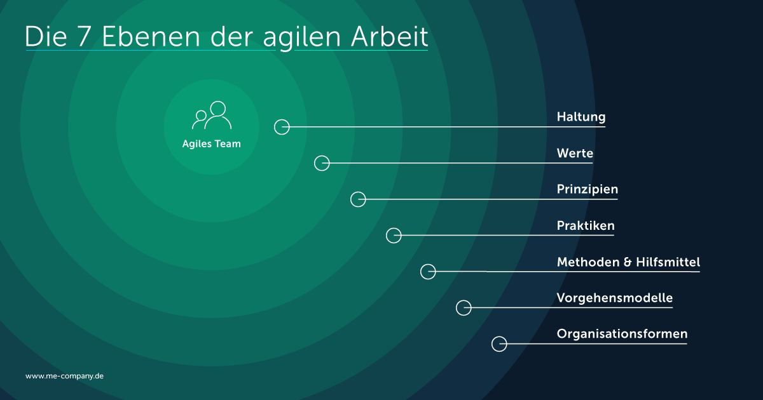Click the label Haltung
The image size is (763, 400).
[581, 117]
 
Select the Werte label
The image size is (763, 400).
[575, 153]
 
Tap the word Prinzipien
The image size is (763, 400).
[588, 189]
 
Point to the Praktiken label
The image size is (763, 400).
[586, 225]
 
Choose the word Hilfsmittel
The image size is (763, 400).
[668, 262]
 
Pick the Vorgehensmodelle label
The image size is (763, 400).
[615, 298]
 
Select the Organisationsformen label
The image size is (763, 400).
[622, 334]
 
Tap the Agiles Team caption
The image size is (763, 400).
[212, 144]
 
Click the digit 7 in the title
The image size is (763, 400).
[84, 36]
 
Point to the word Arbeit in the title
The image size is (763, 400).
[389, 36]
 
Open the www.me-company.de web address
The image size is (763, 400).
[64, 376]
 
